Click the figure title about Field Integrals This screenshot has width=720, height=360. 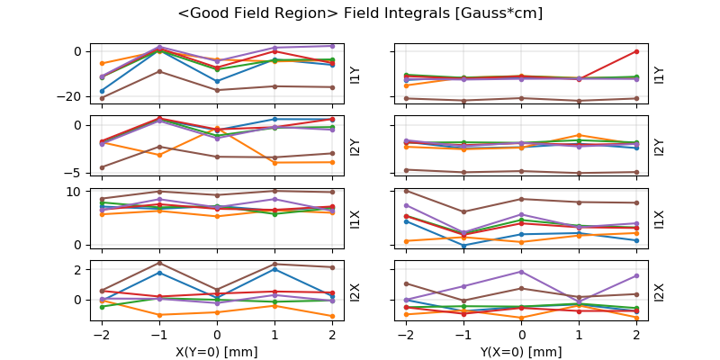click(x=360, y=13)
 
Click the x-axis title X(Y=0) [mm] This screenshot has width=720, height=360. click(x=217, y=352)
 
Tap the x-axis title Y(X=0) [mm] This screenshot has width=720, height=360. click(x=521, y=352)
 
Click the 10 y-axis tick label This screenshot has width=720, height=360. click(x=79, y=192)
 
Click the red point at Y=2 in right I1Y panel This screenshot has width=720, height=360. click(x=636, y=51)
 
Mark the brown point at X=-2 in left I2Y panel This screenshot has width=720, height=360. click(x=102, y=167)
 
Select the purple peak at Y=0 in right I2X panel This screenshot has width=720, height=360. click(x=521, y=272)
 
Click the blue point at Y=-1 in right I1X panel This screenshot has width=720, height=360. click(x=463, y=245)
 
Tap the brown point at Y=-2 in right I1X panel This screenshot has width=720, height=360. click(x=406, y=191)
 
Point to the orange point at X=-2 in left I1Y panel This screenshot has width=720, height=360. click(x=102, y=63)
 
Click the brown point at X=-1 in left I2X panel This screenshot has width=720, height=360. click(x=159, y=263)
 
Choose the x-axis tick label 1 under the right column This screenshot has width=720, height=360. click(x=579, y=335)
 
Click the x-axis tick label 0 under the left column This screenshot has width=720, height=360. click(x=217, y=335)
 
